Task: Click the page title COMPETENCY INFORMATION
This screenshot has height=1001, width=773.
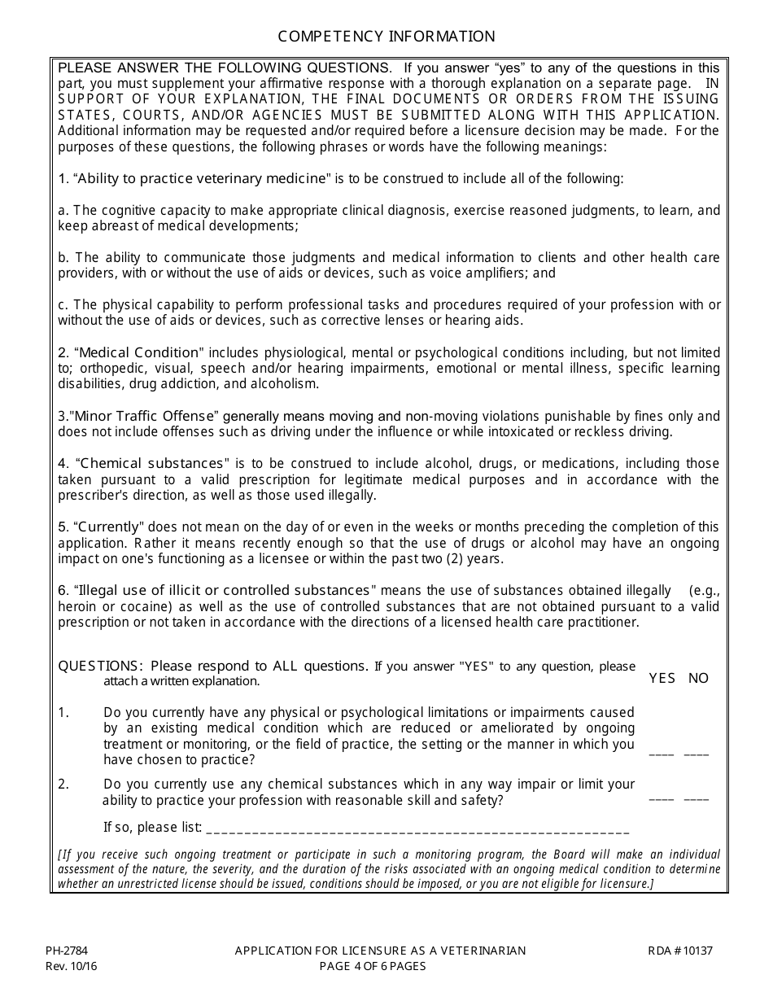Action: pos(386,37)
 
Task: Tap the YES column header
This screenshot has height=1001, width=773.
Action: pos(662,678)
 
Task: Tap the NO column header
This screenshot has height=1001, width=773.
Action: pos(698,678)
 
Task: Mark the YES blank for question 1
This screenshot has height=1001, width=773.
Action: pos(662,754)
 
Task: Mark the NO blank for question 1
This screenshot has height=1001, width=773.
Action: pos(697,754)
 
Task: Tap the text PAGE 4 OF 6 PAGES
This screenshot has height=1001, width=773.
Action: pos(373,966)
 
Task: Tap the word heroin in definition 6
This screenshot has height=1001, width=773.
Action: pos(78,606)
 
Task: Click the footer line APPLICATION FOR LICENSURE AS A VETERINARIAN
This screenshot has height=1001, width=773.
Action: pos(381,950)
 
